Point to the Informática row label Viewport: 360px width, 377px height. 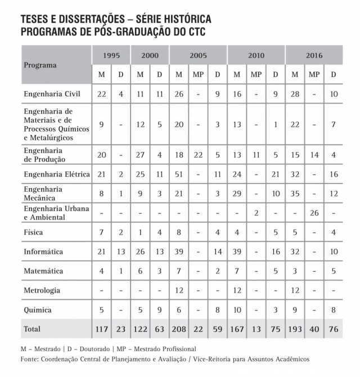point(43,252)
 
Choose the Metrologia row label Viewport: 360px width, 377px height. point(42,290)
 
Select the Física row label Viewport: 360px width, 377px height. point(33,232)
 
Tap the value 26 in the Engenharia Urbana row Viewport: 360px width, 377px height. point(314,213)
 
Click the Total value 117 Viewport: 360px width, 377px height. point(101,329)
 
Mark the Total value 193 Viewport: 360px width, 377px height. point(295,329)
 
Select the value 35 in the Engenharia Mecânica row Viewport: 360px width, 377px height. point(295,194)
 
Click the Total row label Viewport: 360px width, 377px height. point(32,329)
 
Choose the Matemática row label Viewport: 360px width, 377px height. point(43,271)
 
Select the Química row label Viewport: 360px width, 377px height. point(38,309)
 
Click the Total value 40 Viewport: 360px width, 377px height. point(314,329)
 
